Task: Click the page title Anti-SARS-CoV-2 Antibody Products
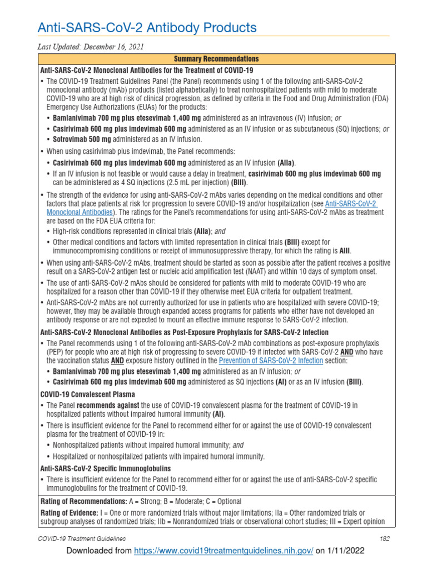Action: [x=147, y=27]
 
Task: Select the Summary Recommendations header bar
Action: [x=216, y=58]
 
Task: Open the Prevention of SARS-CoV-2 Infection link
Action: [x=271, y=361]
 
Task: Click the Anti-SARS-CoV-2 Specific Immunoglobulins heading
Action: [x=105, y=468]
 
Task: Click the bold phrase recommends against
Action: [x=107, y=405]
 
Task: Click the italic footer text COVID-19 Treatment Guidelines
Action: [x=81, y=538]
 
